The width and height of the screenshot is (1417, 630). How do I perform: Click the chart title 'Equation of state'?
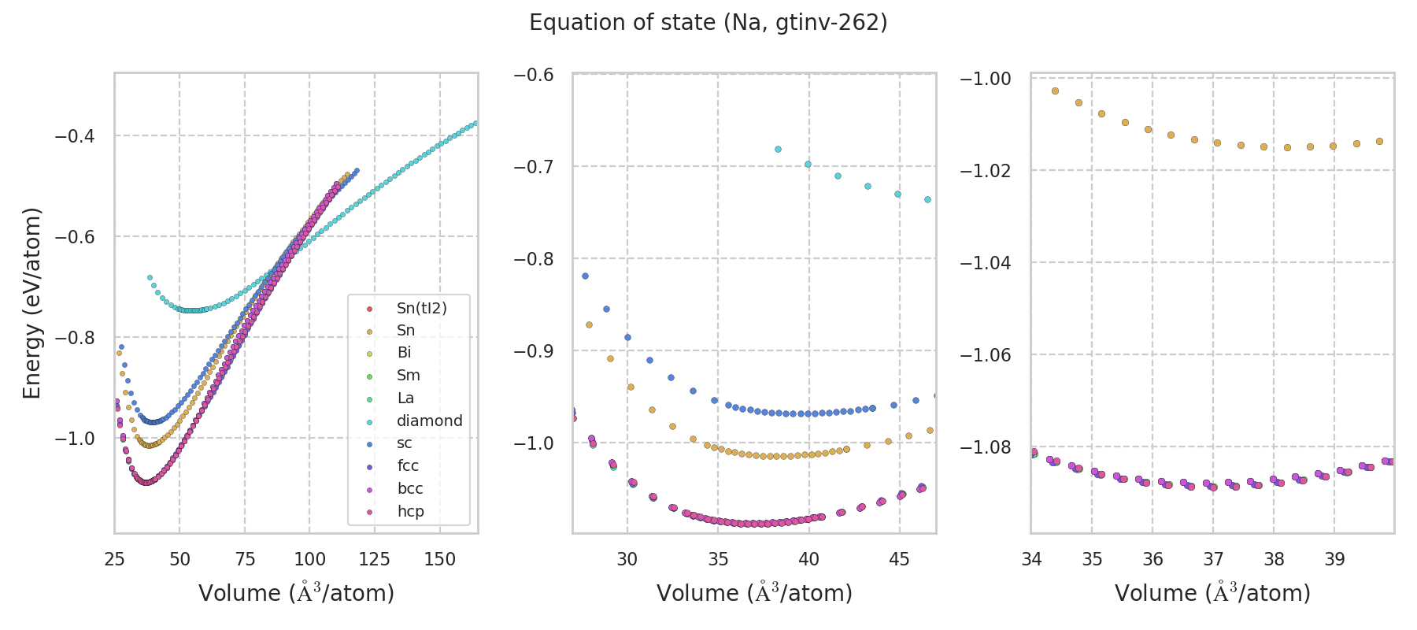[708, 23]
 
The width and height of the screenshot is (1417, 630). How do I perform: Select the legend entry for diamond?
[429, 421]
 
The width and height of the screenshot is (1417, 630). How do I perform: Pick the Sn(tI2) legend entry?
[421, 308]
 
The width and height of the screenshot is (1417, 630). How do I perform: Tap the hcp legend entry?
[410, 511]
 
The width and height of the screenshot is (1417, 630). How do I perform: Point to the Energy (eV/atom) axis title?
[31, 303]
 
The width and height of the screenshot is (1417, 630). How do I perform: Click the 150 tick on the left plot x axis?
[439, 559]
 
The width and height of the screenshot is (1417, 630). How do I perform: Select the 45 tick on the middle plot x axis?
[899, 559]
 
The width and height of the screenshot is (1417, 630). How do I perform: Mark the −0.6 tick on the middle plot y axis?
[533, 74]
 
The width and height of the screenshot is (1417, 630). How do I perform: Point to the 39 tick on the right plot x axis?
[1334, 559]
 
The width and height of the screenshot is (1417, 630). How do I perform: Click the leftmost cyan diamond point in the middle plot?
[778, 149]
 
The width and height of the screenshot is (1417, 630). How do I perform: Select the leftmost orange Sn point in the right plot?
[1055, 91]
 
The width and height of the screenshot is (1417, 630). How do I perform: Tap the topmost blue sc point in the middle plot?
[585, 276]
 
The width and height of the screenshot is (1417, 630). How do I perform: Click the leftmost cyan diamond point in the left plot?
[150, 277]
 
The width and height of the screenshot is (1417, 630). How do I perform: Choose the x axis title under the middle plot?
[754, 593]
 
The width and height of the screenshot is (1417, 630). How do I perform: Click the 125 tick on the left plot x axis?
[374, 559]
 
